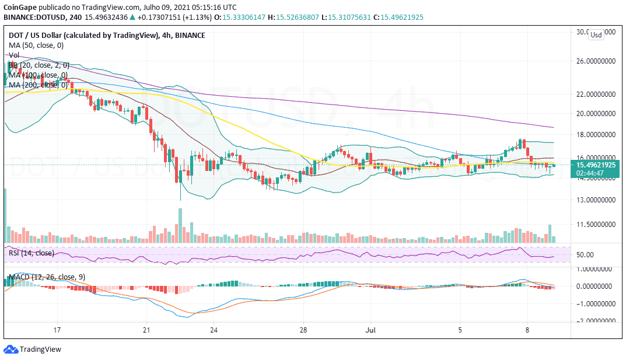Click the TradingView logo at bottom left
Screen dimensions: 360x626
[34, 349]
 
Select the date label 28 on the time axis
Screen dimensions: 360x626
[303, 330]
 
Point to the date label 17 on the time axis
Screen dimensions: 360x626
[57, 330]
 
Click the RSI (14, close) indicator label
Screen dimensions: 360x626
[31, 253]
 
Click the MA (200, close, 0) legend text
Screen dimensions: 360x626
[37, 85]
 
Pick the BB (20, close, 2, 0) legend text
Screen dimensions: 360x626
[37, 65]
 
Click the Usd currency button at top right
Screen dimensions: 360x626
[596, 35]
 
